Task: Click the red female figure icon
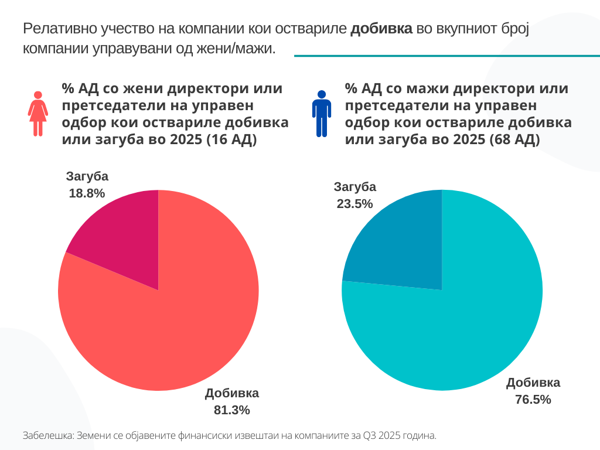click(38, 114)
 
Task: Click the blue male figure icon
click(321, 114)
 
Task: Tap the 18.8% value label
click(87, 193)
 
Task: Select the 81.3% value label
click(232, 410)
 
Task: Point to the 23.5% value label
click(354, 203)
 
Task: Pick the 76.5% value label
click(533, 400)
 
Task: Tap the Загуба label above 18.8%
click(87, 176)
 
